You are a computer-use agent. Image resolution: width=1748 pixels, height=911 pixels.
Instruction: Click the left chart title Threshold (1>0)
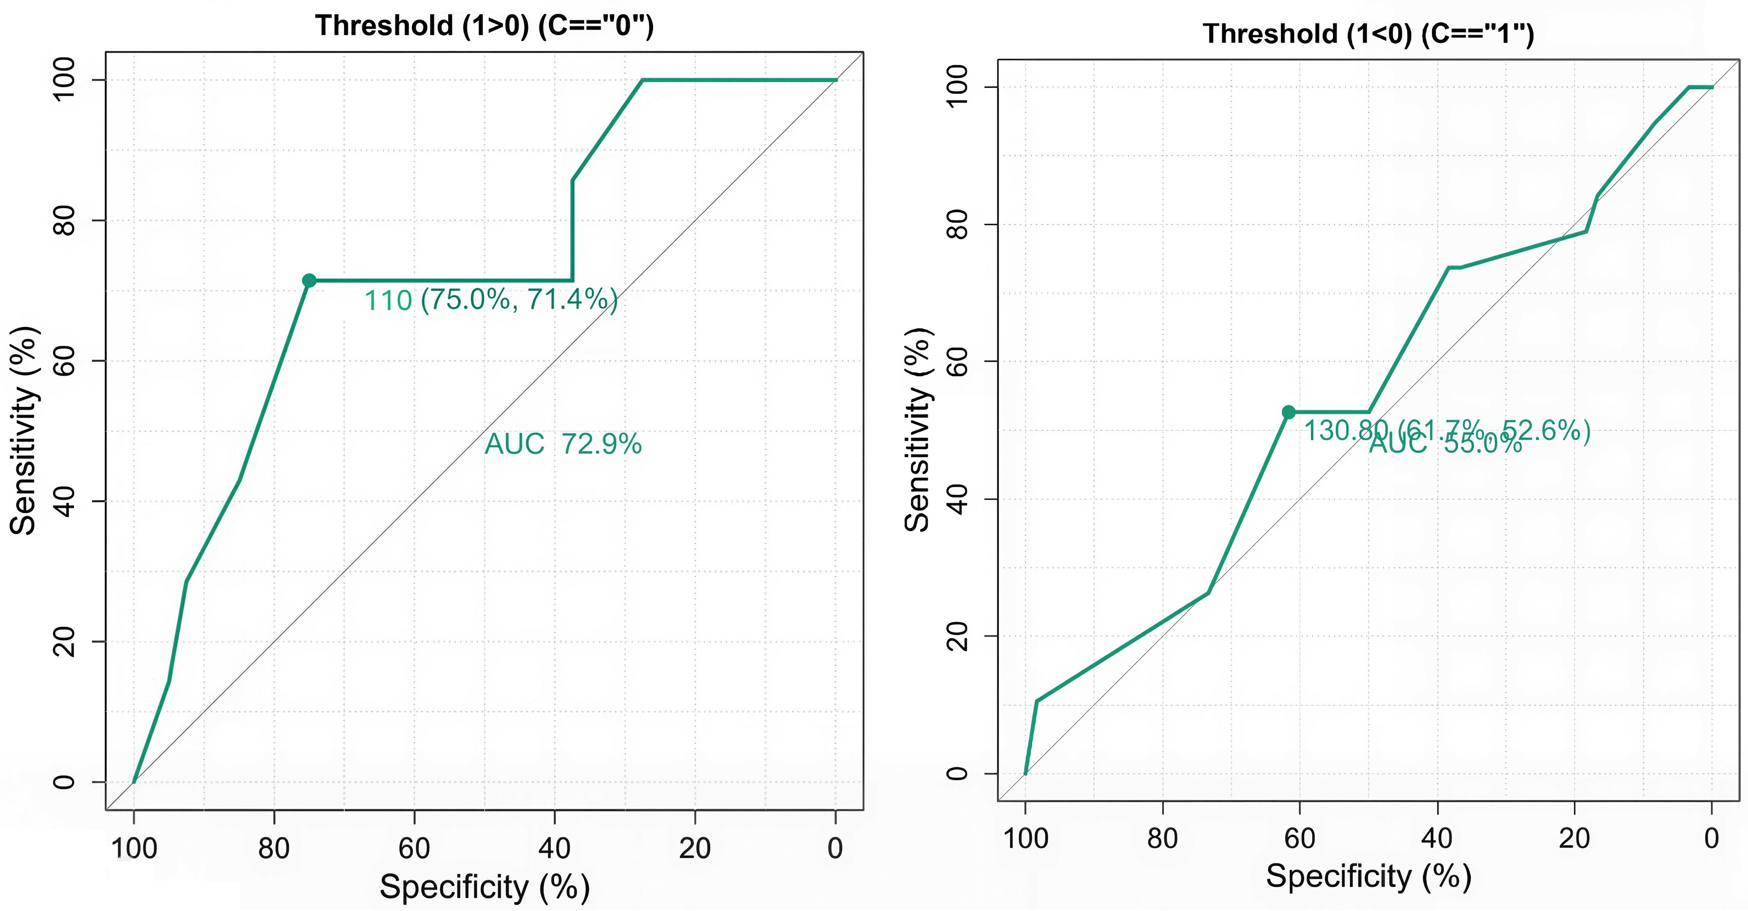pos(484,26)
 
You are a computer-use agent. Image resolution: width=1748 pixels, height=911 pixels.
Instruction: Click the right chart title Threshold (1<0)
pos(1368,34)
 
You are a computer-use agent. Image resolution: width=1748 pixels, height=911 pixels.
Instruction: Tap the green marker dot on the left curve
pos(309,280)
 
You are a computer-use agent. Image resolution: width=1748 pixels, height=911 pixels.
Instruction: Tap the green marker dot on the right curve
pos(1289,412)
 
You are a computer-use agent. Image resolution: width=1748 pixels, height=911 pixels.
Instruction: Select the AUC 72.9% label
pos(562,445)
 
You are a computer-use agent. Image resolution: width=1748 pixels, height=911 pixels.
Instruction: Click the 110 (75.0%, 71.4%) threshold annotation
pos(490,300)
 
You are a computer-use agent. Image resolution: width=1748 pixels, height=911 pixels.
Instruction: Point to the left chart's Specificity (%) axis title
pos(484,887)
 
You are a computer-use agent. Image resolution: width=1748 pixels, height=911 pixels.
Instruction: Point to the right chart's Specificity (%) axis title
pos(1368,876)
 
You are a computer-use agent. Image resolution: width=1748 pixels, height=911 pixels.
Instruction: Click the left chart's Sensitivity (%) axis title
pos(24,431)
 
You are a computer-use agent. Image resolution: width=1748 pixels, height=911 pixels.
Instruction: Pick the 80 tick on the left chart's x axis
pos(274,848)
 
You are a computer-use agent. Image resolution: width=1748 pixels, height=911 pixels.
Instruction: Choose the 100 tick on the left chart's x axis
pos(134,848)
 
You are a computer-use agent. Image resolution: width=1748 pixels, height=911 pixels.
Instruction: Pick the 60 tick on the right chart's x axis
pos(1299,839)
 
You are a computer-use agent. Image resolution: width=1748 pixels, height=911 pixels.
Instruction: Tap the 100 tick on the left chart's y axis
pos(64,80)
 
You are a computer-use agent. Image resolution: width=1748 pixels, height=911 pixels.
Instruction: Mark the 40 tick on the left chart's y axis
pos(64,501)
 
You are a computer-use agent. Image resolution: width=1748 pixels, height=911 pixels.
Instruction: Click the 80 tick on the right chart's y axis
pos(957,224)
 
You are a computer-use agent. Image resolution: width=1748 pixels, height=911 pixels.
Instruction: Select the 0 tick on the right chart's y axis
pos(957,773)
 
